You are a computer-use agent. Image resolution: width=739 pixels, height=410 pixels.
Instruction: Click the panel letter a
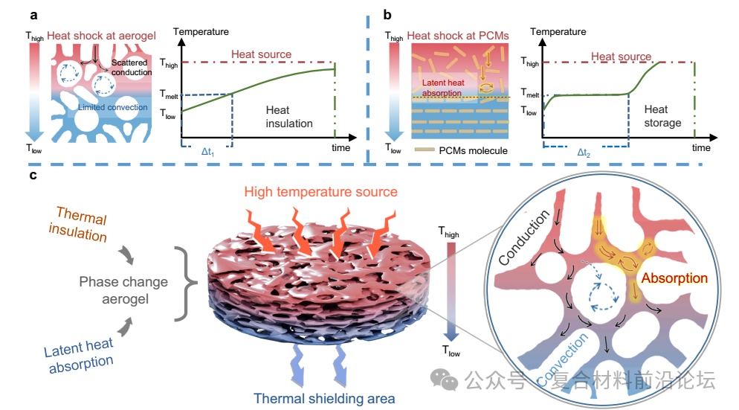[33, 16]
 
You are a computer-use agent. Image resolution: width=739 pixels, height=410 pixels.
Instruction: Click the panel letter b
[387, 15]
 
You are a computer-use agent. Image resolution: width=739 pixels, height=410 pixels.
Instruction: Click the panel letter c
[33, 176]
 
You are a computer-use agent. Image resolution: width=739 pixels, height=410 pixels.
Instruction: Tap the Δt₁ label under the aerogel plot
[207, 152]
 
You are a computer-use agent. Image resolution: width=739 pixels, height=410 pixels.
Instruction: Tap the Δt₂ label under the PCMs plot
[584, 153]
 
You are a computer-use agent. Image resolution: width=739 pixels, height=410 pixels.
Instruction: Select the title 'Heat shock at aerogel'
[101, 36]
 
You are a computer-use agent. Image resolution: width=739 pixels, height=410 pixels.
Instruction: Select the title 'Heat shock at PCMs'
[458, 36]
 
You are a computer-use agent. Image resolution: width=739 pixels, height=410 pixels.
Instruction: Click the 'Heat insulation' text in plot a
[289, 117]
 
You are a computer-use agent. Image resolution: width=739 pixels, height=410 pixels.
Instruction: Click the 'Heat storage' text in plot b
[662, 116]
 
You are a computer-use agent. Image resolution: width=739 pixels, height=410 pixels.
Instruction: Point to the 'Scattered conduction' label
[132, 68]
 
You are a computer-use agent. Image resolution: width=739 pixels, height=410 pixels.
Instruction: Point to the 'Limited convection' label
[113, 107]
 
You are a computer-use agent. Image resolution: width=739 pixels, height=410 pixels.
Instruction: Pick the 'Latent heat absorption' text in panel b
[443, 88]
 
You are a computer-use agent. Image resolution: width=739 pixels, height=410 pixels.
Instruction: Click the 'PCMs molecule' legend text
[473, 151]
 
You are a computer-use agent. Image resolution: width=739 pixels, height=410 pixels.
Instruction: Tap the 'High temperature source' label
[321, 192]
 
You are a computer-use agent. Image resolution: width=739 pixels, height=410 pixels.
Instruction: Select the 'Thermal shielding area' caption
[324, 399]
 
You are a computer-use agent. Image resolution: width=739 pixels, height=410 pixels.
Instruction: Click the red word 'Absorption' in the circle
[674, 278]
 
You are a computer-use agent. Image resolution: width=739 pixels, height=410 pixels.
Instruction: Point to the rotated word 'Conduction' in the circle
[524, 237]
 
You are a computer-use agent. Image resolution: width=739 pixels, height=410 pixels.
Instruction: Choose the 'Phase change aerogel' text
[123, 290]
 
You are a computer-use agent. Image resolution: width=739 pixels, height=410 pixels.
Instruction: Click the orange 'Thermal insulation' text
[79, 224]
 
